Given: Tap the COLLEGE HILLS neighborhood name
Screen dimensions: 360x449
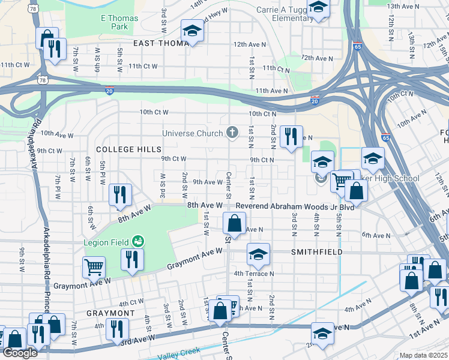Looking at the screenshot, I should tap(129, 149).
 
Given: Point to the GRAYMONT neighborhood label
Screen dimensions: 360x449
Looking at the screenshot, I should tap(110, 314).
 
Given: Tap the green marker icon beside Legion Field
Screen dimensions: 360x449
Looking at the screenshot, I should tap(139, 241).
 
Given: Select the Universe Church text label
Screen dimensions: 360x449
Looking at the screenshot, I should tap(193, 133).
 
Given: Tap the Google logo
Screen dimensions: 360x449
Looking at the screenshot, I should tap(20, 353).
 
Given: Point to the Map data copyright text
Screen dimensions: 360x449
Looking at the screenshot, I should tap(424, 355).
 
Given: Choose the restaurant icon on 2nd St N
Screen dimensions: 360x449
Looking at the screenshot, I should tap(291, 136).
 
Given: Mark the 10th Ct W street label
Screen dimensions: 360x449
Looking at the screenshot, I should tap(154, 112).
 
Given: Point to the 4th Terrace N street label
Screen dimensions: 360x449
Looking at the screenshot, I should tap(253, 274).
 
